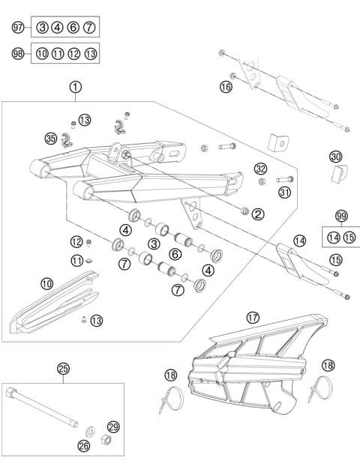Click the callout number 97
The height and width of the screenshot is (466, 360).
[x=19, y=28]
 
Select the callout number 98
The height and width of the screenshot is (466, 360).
[x=19, y=54]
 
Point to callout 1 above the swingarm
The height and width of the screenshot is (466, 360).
[x=76, y=87]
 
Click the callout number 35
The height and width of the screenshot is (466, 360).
[x=50, y=139]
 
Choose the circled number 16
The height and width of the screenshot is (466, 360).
[x=226, y=87]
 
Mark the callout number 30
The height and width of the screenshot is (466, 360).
[x=336, y=157]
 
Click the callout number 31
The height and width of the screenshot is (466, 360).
[x=262, y=193]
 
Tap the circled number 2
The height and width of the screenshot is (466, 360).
[x=257, y=214]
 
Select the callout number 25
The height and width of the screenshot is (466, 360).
[x=63, y=368]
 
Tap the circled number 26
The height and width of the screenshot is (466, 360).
[x=83, y=447]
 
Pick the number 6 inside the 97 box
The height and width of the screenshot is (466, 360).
[x=73, y=28]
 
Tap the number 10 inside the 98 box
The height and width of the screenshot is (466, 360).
[x=42, y=54]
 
